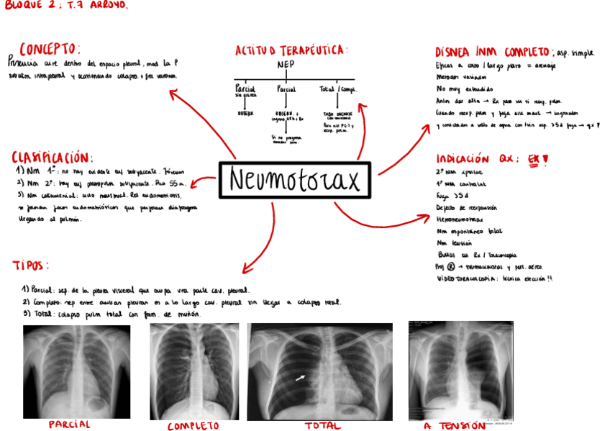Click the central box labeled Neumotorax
pos(294,181)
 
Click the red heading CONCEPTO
pos(50,49)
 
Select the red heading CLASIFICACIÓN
pos(53,158)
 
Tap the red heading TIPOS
pos(31,266)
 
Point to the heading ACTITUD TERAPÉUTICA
pos(291,50)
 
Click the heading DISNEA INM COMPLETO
pos(493,53)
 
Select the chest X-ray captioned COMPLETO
pos(194,371)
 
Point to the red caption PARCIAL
pos(70,425)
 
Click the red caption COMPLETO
pos(193,426)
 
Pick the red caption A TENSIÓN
pos(454,426)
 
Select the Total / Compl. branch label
pos(338,89)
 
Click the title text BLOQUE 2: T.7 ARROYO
pos(67,6)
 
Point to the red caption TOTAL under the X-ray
pos(322,426)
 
